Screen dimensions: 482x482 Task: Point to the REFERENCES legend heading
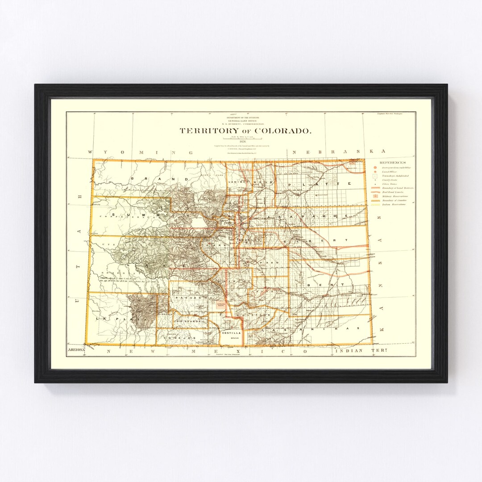[393, 162]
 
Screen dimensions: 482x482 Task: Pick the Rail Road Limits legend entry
[396, 192]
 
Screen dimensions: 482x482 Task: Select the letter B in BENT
[310, 284]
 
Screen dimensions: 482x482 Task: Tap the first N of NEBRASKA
[295, 152]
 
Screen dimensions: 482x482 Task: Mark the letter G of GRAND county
[133, 178]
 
